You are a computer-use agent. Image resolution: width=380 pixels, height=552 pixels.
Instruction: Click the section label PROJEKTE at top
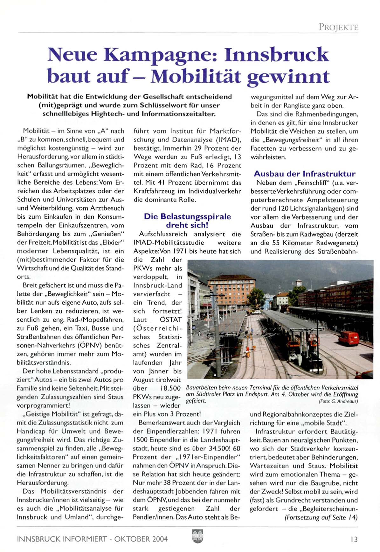pyautogui.click(x=338, y=27)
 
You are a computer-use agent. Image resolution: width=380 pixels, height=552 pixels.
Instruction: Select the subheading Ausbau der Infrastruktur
pyautogui.click(x=304, y=174)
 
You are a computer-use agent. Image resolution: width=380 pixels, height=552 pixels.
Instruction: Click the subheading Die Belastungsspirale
pyautogui.click(x=187, y=217)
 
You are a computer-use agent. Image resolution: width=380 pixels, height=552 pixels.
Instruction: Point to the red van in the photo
pyautogui.click(x=349, y=338)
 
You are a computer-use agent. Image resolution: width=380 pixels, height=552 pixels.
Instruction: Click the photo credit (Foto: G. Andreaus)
pyautogui.click(x=338, y=401)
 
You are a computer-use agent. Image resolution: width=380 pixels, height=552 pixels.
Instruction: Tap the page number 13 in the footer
pyautogui.click(x=354, y=539)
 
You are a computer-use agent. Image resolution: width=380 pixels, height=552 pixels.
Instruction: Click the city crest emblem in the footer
pyautogui.click(x=197, y=536)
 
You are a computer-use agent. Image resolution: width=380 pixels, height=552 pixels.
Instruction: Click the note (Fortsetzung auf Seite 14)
pyautogui.click(x=321, y=517)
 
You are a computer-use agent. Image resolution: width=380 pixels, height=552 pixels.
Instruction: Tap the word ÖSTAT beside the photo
pyautogui.click(x=171, y=320)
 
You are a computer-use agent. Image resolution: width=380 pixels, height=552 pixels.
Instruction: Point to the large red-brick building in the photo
pyautogui.click(x=231, y=291)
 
